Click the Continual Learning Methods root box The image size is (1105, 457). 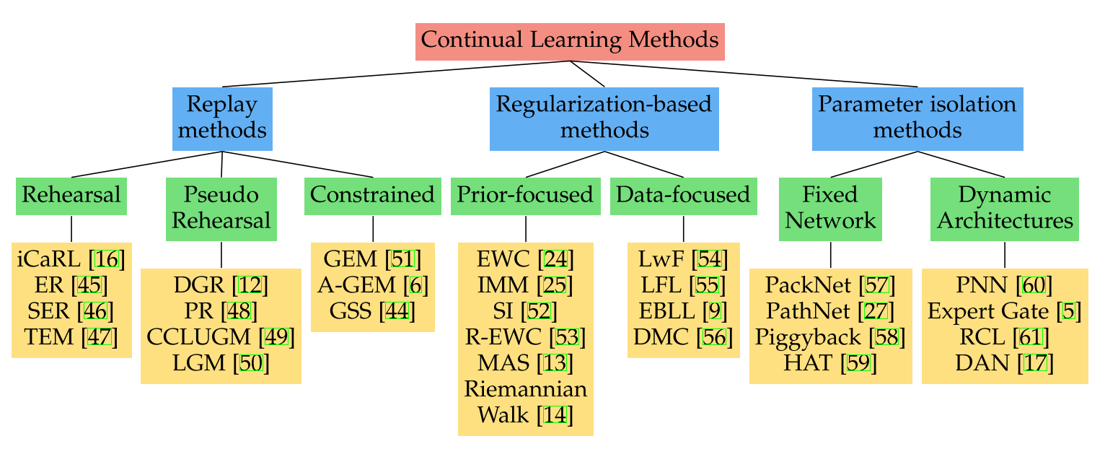click(570, 42)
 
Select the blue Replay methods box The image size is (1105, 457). click(222, 119)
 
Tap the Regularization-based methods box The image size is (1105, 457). click(604, 119)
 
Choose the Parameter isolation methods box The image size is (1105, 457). click(917, 119)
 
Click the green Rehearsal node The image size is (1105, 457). click(71, 196)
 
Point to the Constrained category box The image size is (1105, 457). click(372, 196)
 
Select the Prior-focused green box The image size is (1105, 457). click(525, 196)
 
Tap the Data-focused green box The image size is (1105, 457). click(683, 196)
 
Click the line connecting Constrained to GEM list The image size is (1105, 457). click(372, 229)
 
